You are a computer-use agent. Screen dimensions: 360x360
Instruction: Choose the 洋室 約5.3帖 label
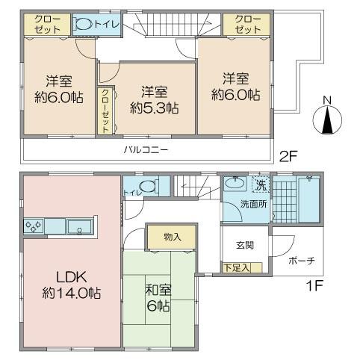click(x=153, y=100)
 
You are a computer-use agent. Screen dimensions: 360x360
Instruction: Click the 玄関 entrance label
click(x=245, y=244)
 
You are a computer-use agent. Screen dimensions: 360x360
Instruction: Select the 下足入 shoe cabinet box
click(x=236, y=267)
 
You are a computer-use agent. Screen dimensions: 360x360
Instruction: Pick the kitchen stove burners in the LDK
click(x=34, y=225)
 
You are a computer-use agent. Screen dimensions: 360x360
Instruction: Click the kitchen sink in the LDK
click(x=78, y=226)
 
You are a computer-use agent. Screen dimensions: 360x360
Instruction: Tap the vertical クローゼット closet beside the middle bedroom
click(x=105, y=111)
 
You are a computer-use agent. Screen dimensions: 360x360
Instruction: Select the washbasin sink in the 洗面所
click(x=235, y=183)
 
